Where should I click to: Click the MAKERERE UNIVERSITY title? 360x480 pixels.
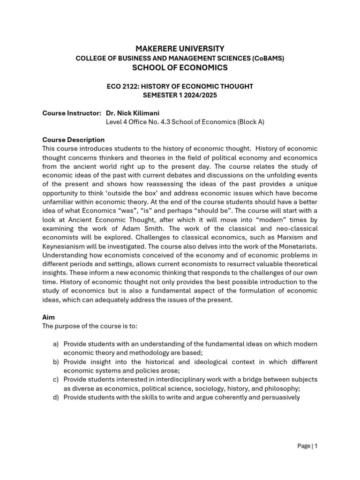coord(180,49)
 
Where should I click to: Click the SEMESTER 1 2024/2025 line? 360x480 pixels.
coord(180,95)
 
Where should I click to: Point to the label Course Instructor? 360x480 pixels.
coord(72,113)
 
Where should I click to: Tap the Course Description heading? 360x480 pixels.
coord(73,140)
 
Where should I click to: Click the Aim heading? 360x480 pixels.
coord(48,317)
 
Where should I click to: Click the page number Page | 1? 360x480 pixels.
coord(307,446)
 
